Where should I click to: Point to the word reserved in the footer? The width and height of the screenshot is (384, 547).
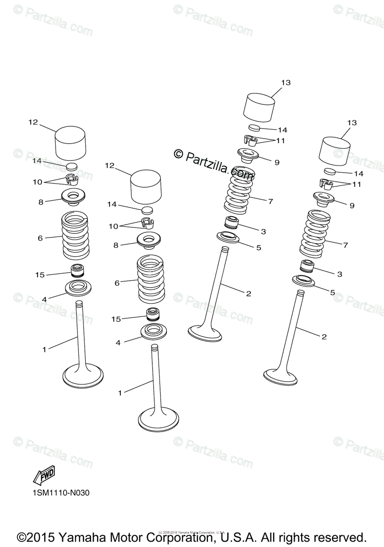point(338,537)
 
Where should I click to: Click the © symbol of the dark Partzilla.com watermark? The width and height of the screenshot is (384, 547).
point(178,154)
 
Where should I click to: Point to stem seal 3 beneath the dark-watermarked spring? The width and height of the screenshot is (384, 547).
point(233,224)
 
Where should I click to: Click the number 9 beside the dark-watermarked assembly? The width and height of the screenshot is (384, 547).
point(276,162)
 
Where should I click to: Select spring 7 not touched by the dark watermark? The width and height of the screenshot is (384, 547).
point(315,234)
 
